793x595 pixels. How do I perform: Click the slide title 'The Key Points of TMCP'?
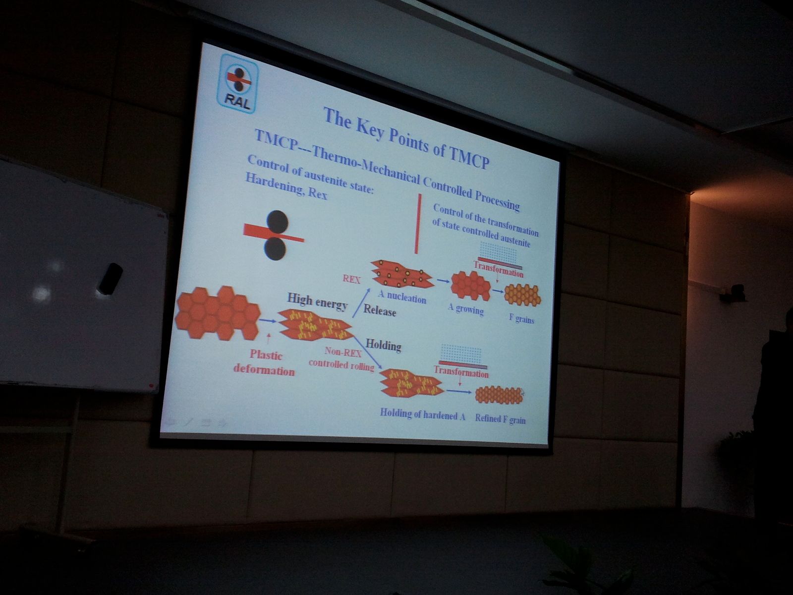click(x=406, y=138)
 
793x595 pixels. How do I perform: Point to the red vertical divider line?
click(x=418, y=224)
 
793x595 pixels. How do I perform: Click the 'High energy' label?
click(x=317, y=301)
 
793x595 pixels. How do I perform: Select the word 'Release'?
click(x=380, y=310)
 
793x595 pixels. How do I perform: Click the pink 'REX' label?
click(x=351, y=279)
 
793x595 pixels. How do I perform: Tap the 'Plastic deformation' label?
click(x=265, y=363)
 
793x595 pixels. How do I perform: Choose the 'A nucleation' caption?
click(x=402, y=297)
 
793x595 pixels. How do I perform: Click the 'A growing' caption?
click(x=465, y=309)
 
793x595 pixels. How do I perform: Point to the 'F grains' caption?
click(x=521, y=318)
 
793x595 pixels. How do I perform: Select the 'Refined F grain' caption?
click(x=500, y=418)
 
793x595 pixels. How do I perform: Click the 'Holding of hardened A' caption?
click(x=422, y=415)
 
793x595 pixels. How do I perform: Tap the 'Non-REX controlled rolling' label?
click(x=341, y=358)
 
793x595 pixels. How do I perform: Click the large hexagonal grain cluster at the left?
click(x=218, y=313)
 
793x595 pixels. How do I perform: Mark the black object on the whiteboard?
click(x=110, y=278)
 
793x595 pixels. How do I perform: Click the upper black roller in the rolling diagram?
click(x=278, y=222)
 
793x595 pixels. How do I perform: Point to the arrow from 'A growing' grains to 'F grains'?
click(x=498, y=291)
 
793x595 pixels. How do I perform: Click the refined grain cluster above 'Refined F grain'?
click(x=499, y=395)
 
